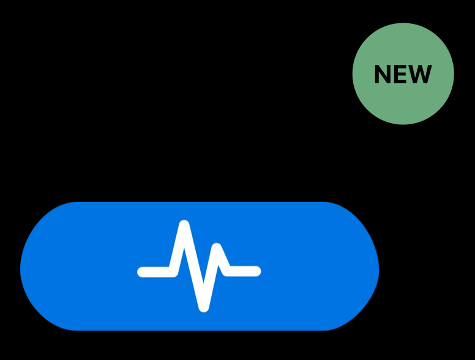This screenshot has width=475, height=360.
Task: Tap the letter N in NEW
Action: tap(383, 75)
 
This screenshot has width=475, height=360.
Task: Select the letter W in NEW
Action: tap(421, 75)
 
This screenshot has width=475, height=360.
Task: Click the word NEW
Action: tap(403, 75)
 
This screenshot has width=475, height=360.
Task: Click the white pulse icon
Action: tap(200, 266)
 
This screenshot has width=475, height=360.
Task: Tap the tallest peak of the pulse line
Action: tap(184, 225)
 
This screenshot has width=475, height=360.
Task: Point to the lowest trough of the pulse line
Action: tap(204, 307)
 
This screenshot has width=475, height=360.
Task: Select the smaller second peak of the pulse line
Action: tap(216, 248)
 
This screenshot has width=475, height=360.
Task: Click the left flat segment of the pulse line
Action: tap(156, 272)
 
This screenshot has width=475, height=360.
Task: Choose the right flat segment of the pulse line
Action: tap(244, 271)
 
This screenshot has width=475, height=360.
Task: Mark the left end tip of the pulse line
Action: tap(142, 272)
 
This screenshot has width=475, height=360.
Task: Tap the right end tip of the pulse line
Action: tap(256, 271)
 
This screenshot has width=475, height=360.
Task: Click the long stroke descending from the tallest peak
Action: tap(194, 266)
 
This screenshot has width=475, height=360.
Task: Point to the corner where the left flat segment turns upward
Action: tap(174, 271)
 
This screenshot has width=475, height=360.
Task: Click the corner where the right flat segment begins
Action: tap(227, 270)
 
